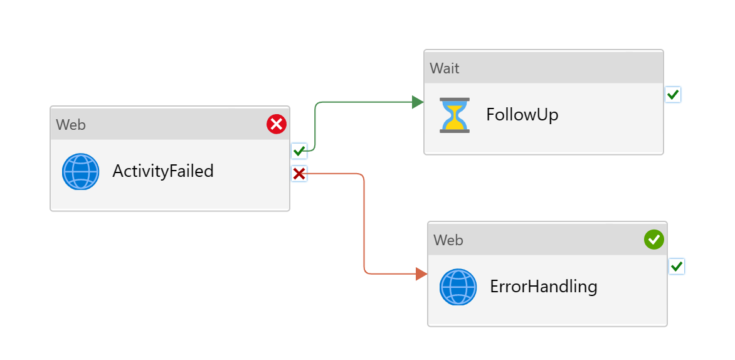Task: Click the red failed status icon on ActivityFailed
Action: (x=277, y=124)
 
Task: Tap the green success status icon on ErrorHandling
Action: (x=654, y=239)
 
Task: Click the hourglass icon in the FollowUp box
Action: (x=454, y=115)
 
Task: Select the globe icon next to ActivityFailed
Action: (x=80, y=171)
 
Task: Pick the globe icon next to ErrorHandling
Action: (x=458, y=287)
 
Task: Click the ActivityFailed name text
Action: (x=163, y=171)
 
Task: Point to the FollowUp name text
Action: (x=522, y=115)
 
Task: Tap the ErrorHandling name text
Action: (x=543, y=287)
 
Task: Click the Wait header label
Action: (x=444, y=68)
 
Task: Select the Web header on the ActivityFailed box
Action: (x=70, y=124)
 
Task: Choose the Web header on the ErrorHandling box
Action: (x=448, y=240)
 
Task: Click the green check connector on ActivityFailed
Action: (x=299, y=151)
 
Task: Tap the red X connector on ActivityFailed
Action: (x=299, y=174)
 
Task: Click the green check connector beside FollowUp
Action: (x=672, y=95)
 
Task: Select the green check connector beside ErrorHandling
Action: (x=676, y=267)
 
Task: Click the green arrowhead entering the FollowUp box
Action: (x=418, y=102)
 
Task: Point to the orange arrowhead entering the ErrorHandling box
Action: (x=421, y=273)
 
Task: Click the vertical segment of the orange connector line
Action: (x=364, y=226)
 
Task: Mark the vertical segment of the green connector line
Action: (x=314, y=125)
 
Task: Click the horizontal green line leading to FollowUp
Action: (x=364, y=102)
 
